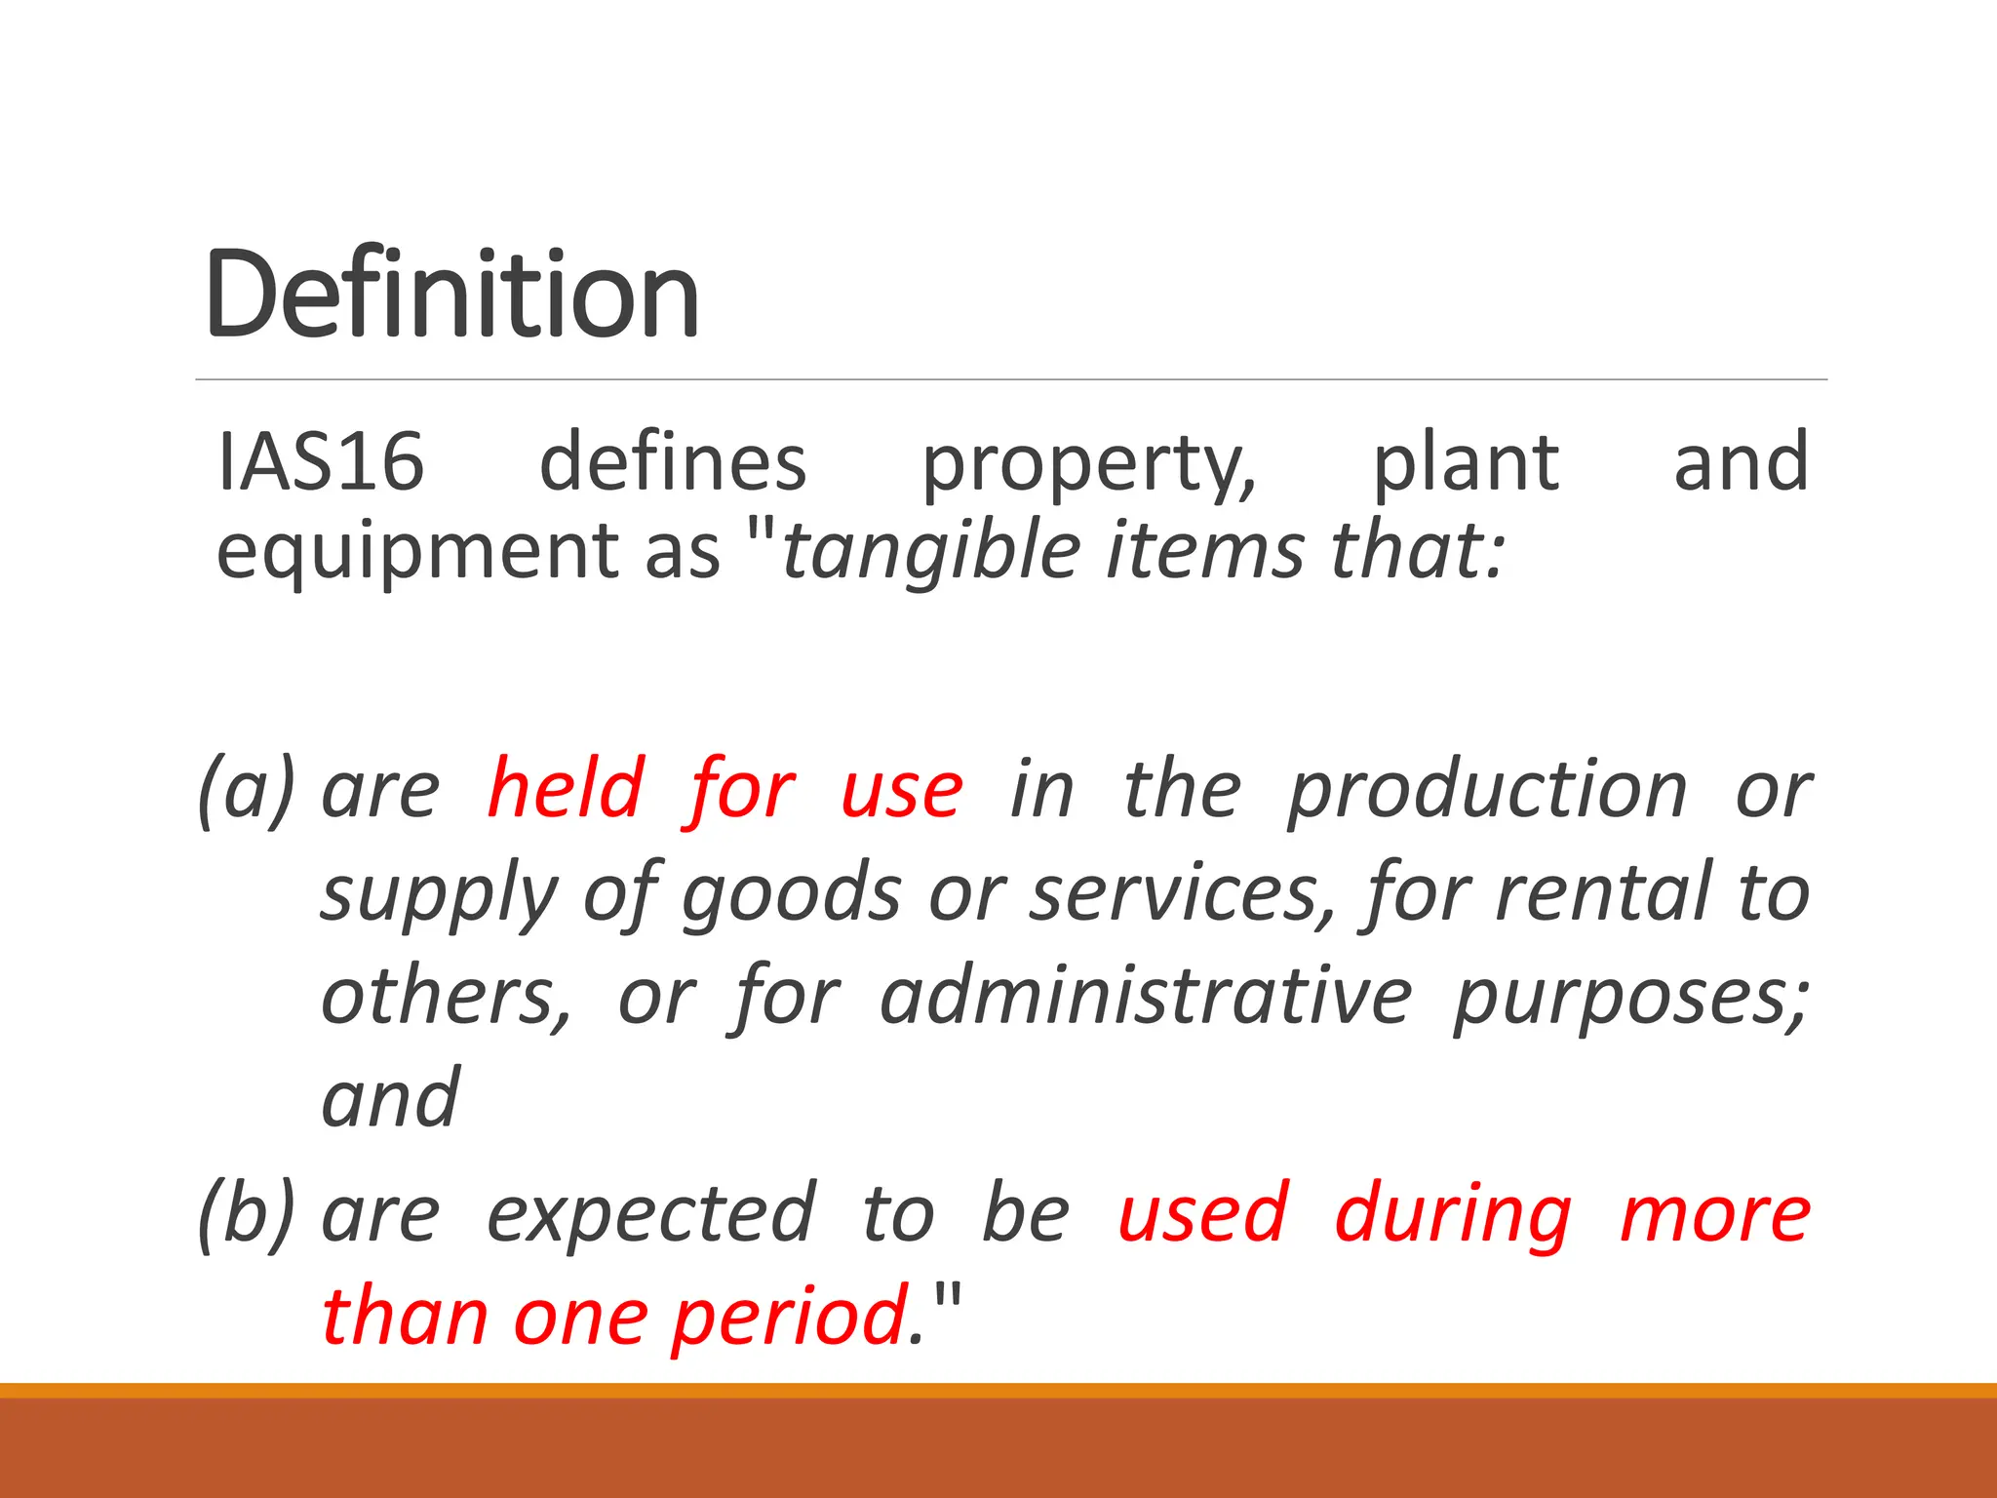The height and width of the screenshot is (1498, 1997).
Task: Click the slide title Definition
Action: [451, 294]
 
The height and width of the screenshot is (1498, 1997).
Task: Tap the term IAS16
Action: [321, 461]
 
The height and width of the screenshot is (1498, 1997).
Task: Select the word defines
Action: [673, 461]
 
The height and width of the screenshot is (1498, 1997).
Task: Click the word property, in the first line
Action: [1089, 466]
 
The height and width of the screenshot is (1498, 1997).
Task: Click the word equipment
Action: [417, 551]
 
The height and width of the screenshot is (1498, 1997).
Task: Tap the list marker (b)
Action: [246, 1214]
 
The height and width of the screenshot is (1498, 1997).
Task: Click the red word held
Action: [566, 788]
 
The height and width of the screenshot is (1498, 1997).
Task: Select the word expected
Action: [650, 1215]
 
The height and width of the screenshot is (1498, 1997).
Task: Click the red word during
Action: [1453, 1215]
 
